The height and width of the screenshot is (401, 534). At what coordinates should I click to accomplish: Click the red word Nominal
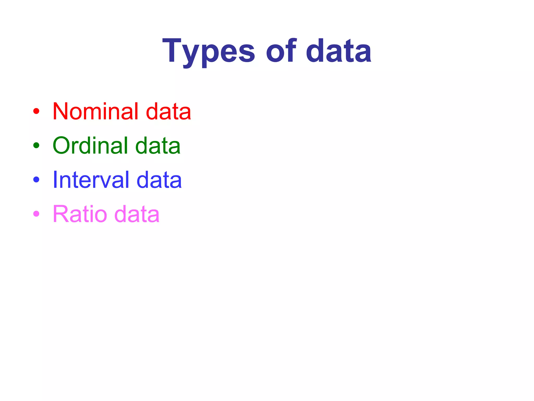[x=95, y=111]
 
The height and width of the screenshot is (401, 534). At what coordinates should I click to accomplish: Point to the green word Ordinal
[x=90, y=145]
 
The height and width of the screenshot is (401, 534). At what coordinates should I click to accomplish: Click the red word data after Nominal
[x=168, y=111]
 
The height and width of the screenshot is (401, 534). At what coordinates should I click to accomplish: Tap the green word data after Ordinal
[x=158, y=145]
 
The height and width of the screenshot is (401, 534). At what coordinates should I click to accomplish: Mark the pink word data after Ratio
[x=137, y=214]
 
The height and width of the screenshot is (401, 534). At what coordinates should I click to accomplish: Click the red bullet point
[x=36, y=111]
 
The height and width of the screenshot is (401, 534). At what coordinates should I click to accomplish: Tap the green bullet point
[x=36, y=145]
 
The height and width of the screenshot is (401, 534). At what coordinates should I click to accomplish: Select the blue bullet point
[x=36, y=180]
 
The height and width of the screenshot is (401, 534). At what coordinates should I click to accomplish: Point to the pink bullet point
[x=36, y=214]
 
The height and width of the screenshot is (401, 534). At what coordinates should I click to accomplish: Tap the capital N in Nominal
[x=62, y=111]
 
